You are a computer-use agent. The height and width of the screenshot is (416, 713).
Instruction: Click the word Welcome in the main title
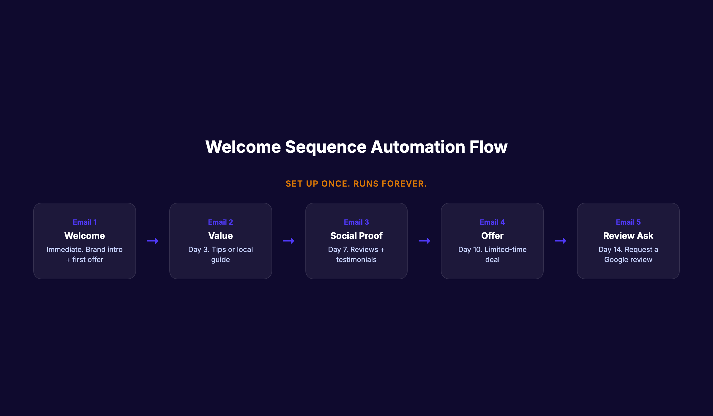(x=243, y=147)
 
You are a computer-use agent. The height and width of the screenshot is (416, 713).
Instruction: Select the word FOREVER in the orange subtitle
(x=404, y=184)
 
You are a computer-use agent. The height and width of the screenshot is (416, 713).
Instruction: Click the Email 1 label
(x=85, y=222)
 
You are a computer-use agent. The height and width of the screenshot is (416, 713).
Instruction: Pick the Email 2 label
(x=220, y=222)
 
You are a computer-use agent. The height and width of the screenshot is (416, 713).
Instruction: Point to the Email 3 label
(x=356, y=222)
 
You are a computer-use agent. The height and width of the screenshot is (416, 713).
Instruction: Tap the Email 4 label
(x=492, y=222)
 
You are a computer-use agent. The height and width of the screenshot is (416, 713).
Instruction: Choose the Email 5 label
(x=628, y=222)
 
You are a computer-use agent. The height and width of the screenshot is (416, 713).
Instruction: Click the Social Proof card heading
(x=356, y=236)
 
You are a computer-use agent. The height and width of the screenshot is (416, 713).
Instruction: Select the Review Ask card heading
(x=628, y=236)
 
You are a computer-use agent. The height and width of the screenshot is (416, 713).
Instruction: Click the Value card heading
(x=220, y=236)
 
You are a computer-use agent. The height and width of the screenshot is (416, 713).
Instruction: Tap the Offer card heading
(x=492, y=236)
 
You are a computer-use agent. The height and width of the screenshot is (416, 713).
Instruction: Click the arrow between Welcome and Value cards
(x=153, y=241)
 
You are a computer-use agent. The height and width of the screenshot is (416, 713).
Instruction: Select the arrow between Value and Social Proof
(x=288, y=241)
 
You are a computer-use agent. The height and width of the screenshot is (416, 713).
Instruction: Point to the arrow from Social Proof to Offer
(x=425, y=241)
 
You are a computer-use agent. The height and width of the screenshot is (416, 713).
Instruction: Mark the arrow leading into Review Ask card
(x=560, y=241)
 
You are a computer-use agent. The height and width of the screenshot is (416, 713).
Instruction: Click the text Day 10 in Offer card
(x=470, y=250)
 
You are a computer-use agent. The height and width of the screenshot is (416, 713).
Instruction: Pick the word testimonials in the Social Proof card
(x=356, y=260)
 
